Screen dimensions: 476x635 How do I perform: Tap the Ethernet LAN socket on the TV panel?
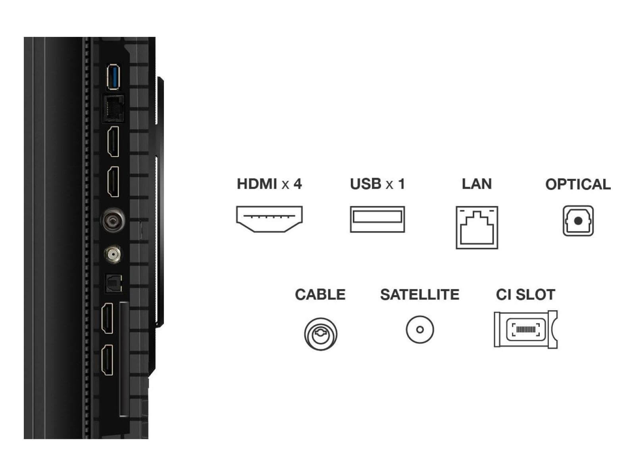pyautogui.click(x=114, y=108)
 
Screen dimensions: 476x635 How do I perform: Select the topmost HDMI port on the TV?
pyautogui.click(x=114, y=142)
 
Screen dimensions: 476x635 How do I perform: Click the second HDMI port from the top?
pyautogui.click(x=114, y=182)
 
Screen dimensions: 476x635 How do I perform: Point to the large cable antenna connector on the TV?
pyautogui.click(x=114, y=219)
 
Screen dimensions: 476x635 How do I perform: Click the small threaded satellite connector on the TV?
pyautogui.click(x=114, y=253)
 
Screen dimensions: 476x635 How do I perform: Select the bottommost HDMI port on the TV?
pyautogui.click(x=108, y=359)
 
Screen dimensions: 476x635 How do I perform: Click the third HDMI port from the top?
pyautogui.click(x=108, y=318)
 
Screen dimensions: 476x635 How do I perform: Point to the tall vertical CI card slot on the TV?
pyautogui.click(x=124, y=359)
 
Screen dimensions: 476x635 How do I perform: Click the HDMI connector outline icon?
pyautogui.click(x=269, y=219)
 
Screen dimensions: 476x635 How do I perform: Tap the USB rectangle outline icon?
pyautogui.click(x=377, y=219)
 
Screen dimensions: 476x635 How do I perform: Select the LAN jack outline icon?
pyautogui.click(x=477, y=227)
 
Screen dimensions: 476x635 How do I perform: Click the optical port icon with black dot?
pyautogui.click(x=578, y=221)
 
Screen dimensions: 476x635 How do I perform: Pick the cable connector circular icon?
pyautogui.click(x=321, y=334)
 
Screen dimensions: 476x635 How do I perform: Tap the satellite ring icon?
pyautogui.click(x=419, y=329)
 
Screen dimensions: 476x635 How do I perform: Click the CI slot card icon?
pyautogui.click(x=525, y=329)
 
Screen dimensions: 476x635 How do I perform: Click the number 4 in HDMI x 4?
pyautogui.click(x=297, y=184)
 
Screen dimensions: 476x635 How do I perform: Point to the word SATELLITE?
pyautogui.click(x=419, y=295)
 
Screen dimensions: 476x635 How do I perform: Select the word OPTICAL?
pyautogui.click(x=577, y=184)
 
